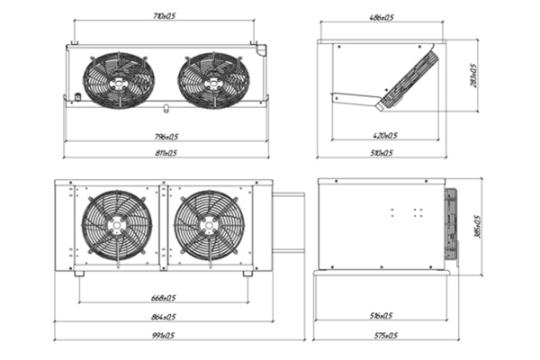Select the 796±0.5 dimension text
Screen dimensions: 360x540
(166, 136)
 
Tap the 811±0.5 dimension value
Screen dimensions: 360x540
(166, 153)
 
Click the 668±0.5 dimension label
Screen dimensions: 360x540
(162, 298)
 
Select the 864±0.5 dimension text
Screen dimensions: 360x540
(162, 317)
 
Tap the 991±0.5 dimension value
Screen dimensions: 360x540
(162, 335)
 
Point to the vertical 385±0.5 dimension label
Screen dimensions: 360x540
(476, 225)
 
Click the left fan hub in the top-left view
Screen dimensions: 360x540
(118, 80)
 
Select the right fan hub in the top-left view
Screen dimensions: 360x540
(213, 80)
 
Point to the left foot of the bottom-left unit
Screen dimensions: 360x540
(79, 273)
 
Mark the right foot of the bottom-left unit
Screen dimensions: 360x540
(247, 273)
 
